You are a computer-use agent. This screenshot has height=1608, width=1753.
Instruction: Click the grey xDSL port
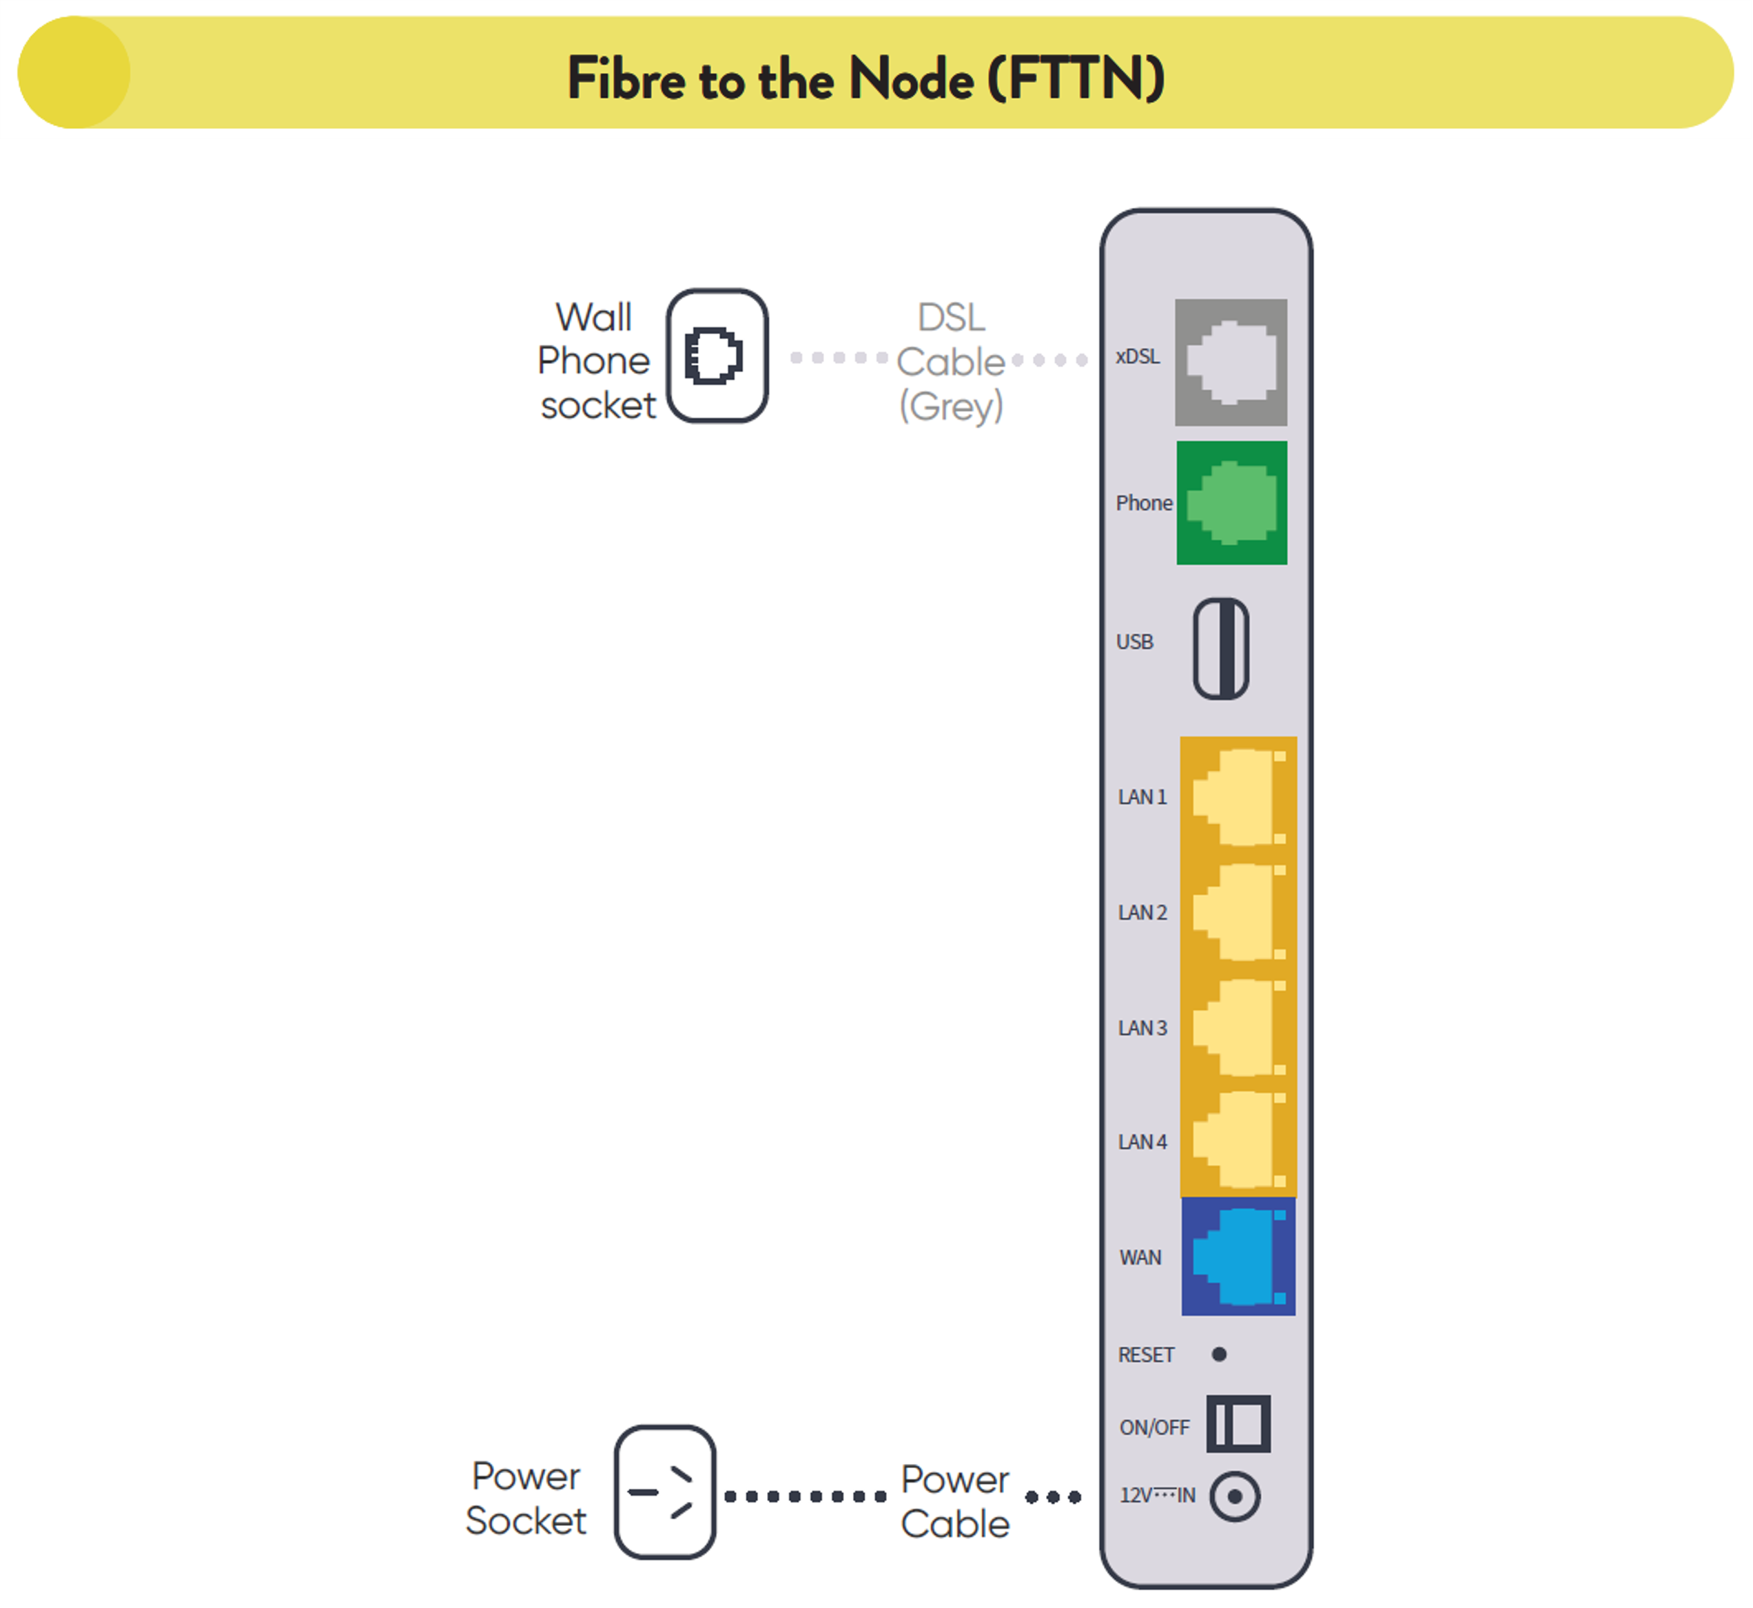click(1231, 362)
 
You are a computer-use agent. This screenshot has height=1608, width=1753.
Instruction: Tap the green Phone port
click(1231, 503)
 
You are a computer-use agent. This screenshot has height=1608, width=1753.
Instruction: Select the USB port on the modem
click(1220, 648)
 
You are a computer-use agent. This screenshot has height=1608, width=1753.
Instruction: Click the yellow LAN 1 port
click(1238, 797)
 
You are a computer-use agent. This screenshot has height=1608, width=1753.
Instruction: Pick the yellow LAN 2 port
click(1238, 912)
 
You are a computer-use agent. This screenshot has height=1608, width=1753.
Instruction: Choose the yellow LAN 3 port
click(1238, 1028)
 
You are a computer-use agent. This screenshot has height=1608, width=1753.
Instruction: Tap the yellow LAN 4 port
click(1238, 1141)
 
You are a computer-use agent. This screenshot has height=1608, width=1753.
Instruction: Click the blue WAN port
click(1238, 1257)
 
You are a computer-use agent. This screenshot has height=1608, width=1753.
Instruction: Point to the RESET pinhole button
click(1218, 1354)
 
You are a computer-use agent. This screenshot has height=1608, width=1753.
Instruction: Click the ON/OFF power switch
click(1238, 1423)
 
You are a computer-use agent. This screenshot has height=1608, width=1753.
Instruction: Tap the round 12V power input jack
click(1234, 1496)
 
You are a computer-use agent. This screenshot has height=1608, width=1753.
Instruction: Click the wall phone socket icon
click(717, 356)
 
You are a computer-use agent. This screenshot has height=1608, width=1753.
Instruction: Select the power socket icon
click(665, 1492)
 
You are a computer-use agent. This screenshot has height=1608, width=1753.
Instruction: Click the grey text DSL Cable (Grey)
click(950, 362)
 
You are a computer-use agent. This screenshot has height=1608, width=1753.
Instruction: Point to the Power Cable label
click(955, 1501)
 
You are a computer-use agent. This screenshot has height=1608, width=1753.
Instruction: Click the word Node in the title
click(910, 79)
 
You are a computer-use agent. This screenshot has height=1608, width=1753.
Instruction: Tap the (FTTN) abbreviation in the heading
click(1076, 79)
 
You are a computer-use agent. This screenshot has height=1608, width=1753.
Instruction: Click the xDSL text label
click(1138, 357)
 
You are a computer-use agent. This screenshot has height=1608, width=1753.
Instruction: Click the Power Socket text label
click(526, 1498)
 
